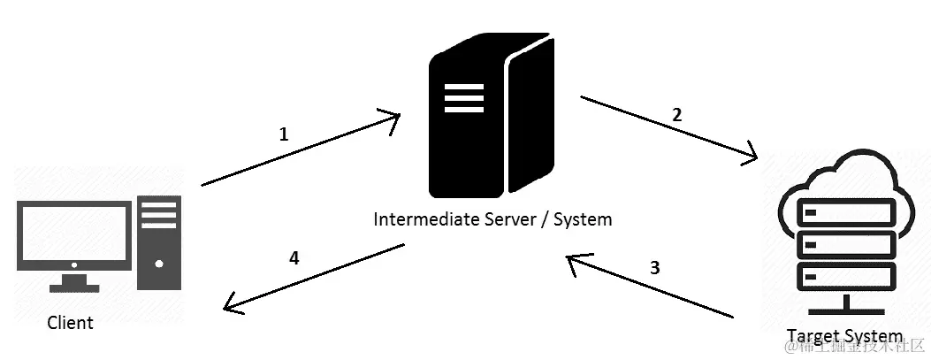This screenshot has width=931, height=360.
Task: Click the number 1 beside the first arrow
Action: (x=284, y=134)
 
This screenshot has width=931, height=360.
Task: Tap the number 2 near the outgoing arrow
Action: (x=677, y=114)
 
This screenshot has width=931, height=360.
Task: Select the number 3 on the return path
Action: (x=654, y=268)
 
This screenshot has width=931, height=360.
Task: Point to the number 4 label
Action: (x=294, y=258)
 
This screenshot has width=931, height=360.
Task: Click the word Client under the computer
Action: (x=70, y=323)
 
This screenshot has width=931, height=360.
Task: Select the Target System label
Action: (x=845, y=336)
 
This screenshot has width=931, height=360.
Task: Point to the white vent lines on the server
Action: (x=463, y=97)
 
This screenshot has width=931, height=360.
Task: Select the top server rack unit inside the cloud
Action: (x=845, y=212)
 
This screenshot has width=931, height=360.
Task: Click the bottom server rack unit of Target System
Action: (x=845, y=278)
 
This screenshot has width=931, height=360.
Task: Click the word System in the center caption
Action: (x=583, y=218)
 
